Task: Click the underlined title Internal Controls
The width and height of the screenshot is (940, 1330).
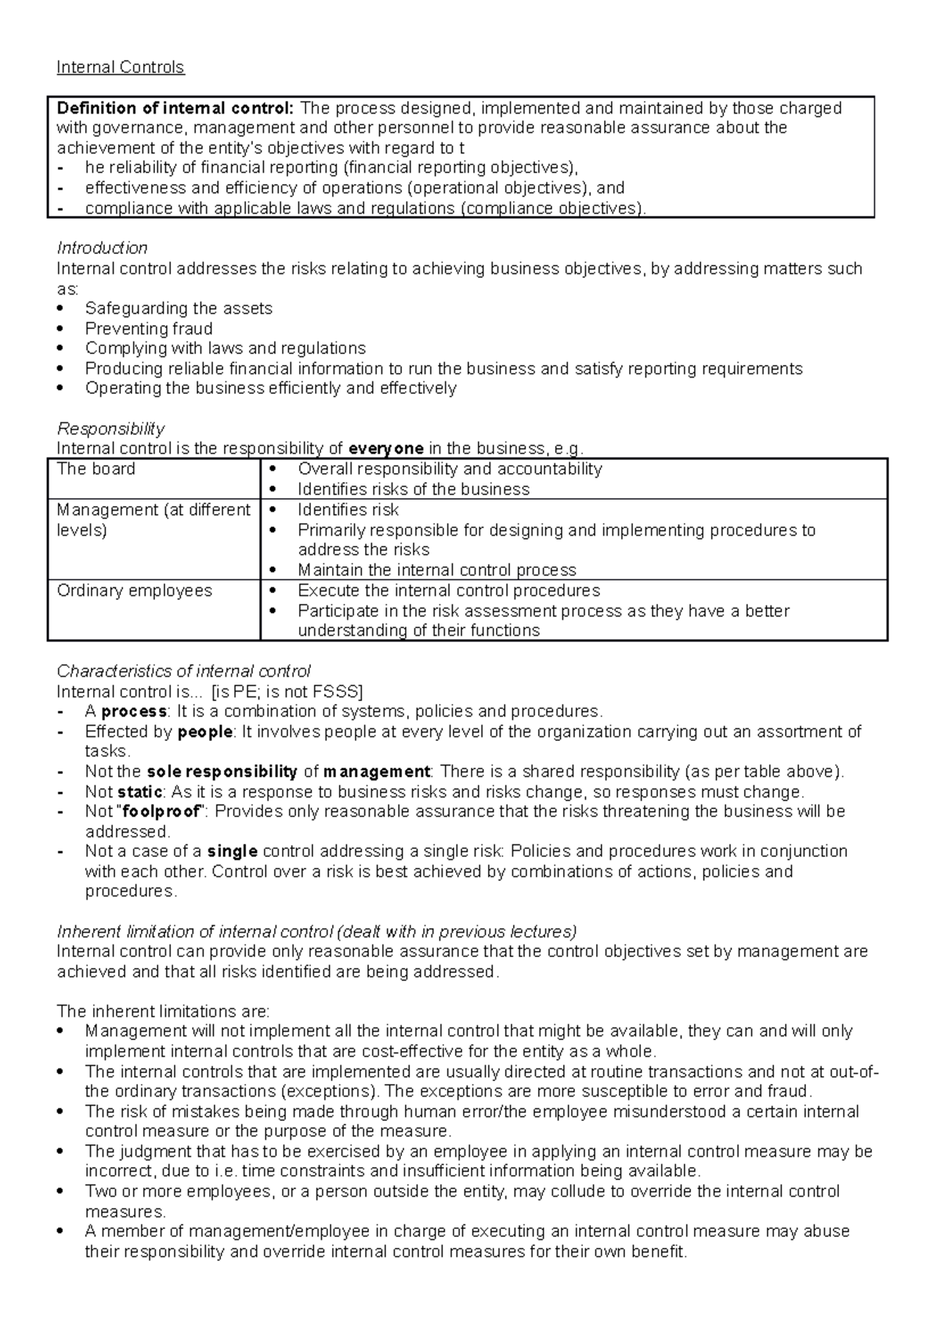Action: pyautogui.click(x=120, y=67)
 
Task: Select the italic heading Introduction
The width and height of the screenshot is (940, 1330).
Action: pyautogui.click(x=102, y=248)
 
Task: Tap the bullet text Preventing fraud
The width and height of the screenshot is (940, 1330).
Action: pyautogui.click(x=149, y=329)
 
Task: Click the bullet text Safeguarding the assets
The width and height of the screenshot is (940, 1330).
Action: pyautogui.click(x=179, y=309)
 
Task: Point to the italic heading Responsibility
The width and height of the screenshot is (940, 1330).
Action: pyautogui.click(x=110, y=428)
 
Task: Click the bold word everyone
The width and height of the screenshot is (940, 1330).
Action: pyautogui.click(x=385, y=449)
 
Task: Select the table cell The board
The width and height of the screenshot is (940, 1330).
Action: pyautogui.click(x=96, y=469)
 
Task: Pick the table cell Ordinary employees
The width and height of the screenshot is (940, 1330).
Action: pyautogui.click(x=134, y=591)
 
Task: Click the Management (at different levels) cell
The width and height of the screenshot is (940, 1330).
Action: pyautogui.click(x=153, y=520)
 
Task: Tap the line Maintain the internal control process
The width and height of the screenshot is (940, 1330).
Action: pyautogui.click(x=436, y=570)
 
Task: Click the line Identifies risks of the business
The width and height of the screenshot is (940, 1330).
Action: pyautogui.click(x=413, y=490)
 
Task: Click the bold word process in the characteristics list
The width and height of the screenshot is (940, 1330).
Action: pyautogui.click(x=134, y=712)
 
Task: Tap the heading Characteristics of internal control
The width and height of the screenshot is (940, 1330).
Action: pyautogui.click(x=183, y=671)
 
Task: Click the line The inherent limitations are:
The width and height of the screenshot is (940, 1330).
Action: pyautogui.click(x=163, y=1011)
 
